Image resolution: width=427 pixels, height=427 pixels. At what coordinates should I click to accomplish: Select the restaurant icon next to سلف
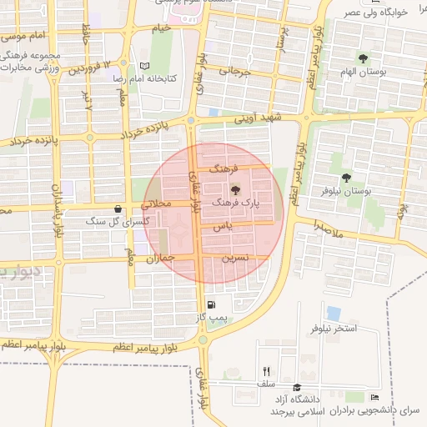[267, 371]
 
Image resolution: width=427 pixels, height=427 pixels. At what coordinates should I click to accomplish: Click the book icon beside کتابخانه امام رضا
[146, 66]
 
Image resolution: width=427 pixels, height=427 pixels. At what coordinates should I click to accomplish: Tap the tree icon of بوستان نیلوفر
[345, 178]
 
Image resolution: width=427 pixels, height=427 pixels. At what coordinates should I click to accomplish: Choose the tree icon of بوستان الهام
[364, 58]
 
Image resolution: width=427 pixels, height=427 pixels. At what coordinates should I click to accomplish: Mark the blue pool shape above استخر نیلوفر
[334, 313]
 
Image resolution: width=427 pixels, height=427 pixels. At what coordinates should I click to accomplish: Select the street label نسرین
[235, 259]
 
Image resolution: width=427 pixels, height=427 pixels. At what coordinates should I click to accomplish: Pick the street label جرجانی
[234, 72]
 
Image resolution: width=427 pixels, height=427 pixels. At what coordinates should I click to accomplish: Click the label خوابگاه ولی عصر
[382, 13]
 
